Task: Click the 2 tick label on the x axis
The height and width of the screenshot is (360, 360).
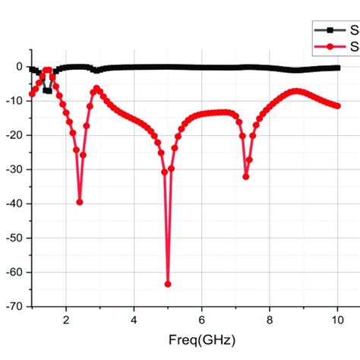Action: click(x=66, y=321)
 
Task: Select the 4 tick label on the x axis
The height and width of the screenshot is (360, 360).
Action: click(x=134, y=321)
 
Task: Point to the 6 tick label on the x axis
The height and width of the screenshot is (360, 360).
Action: click(x=202, y=321)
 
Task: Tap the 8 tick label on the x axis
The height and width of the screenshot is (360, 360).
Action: click(x=270, y=321)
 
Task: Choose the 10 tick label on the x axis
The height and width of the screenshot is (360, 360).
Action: click(x=337, y=321)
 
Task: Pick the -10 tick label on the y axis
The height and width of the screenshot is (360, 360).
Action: click(x=15, y=100)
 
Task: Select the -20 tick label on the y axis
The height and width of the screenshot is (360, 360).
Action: click(x=15, y=134)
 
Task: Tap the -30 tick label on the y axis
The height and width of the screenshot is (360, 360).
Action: click(x=15, y=169)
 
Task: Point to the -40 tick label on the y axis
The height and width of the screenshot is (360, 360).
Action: click(x=15, y=203)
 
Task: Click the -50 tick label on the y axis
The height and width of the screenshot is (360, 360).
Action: click(x=15, y=237)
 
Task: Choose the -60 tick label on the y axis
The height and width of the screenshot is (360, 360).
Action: click(x=15, y=272)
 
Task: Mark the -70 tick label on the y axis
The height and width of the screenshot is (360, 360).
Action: click(x=15, y=306)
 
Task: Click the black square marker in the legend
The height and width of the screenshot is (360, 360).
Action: click(x=330, y=31)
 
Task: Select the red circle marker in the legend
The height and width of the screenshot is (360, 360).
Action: click(x=330, y=47)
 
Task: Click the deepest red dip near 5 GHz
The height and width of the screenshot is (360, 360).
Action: click(x=168, y=284)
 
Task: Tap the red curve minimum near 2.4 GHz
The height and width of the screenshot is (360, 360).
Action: click(x=80, y=202)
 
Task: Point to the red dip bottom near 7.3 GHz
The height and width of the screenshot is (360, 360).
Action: click(x=246, y=176)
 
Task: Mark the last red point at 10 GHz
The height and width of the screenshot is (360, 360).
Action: click(x=337, y=106)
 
